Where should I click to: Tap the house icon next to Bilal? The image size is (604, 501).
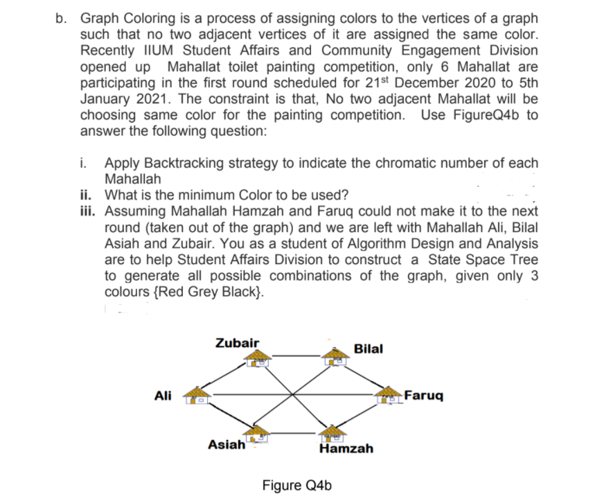[337, 355]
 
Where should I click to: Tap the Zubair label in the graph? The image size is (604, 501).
[238, 342]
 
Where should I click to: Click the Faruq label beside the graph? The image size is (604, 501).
[424, 396]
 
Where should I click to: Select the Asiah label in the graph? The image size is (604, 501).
[226, 445]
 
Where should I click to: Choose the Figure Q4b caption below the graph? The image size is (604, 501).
[296, 484]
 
